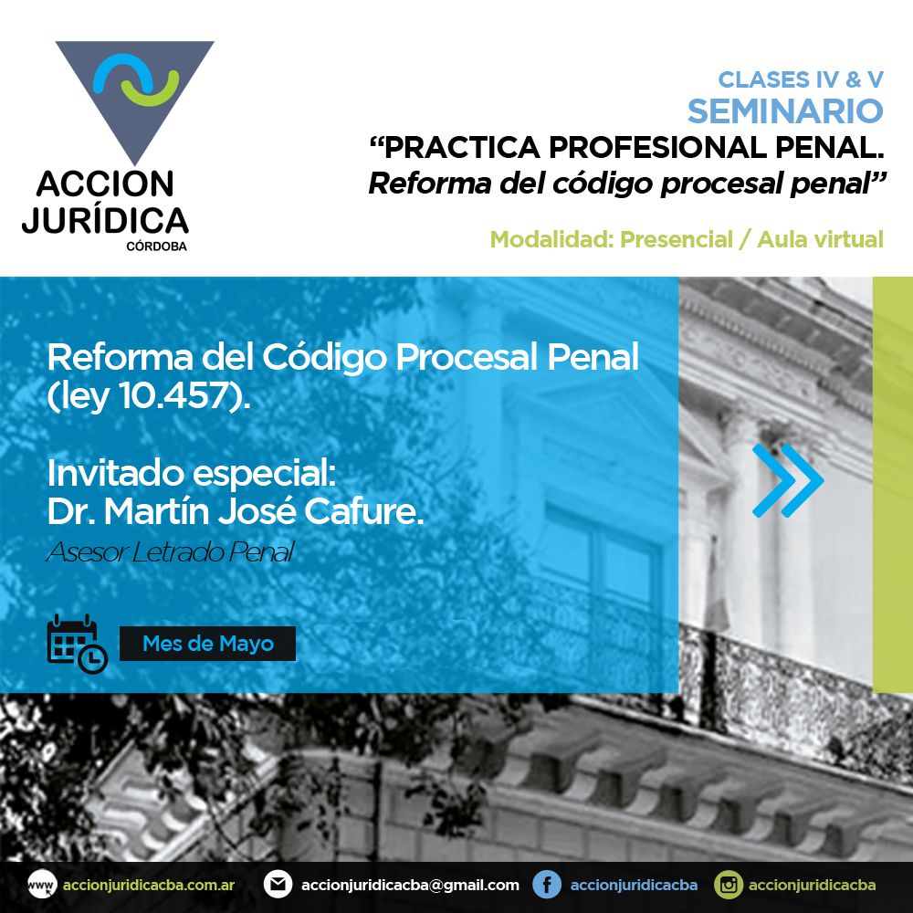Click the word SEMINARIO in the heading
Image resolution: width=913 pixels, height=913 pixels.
tap(785, 111)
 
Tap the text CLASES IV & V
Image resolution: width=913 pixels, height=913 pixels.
tap(801, 79)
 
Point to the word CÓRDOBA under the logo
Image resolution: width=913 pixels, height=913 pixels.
tap(157, 247)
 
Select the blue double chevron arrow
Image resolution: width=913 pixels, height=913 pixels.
tap(788, 480)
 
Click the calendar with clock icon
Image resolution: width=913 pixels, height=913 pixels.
tap(77, 644)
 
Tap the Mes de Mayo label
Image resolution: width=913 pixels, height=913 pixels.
tap(208, 644)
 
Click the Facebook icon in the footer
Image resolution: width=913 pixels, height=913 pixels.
tap(547, 885)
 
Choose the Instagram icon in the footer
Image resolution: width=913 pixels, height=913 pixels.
tap(729, 885)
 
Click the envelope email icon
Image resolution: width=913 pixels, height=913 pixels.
tap(278, 885)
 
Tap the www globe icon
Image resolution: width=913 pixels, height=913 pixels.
tap(42, 885)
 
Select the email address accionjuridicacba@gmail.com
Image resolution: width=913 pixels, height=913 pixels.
tap(410, 885)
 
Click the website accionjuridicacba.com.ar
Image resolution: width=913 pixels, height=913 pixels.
tap(149, 885)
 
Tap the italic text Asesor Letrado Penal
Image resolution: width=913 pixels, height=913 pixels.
tap(171, 552)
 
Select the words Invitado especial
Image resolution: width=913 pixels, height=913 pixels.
tap(192, 473)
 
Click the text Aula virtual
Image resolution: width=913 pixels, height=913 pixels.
tap(820, 239)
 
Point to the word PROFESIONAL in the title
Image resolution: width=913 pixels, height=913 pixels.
tap(657, 147)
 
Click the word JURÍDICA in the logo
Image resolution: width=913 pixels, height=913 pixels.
tap(105, 220)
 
